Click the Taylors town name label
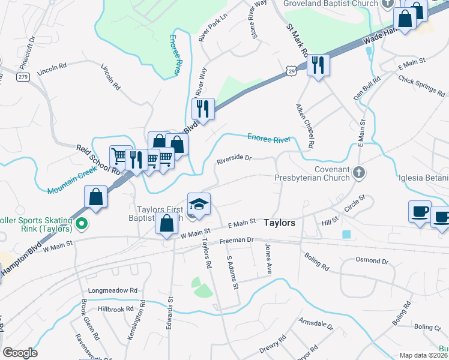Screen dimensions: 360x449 (279, 223)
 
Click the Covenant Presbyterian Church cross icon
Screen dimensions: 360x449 (358, 173)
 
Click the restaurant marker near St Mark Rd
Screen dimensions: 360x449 (318, 64)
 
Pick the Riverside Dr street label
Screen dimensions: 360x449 (234, 160)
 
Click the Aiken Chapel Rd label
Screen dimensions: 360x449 (304, 125)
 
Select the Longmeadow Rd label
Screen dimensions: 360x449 (113, 290)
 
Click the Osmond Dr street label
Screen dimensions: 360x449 (372, 261)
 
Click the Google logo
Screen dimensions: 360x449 (20, 352)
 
